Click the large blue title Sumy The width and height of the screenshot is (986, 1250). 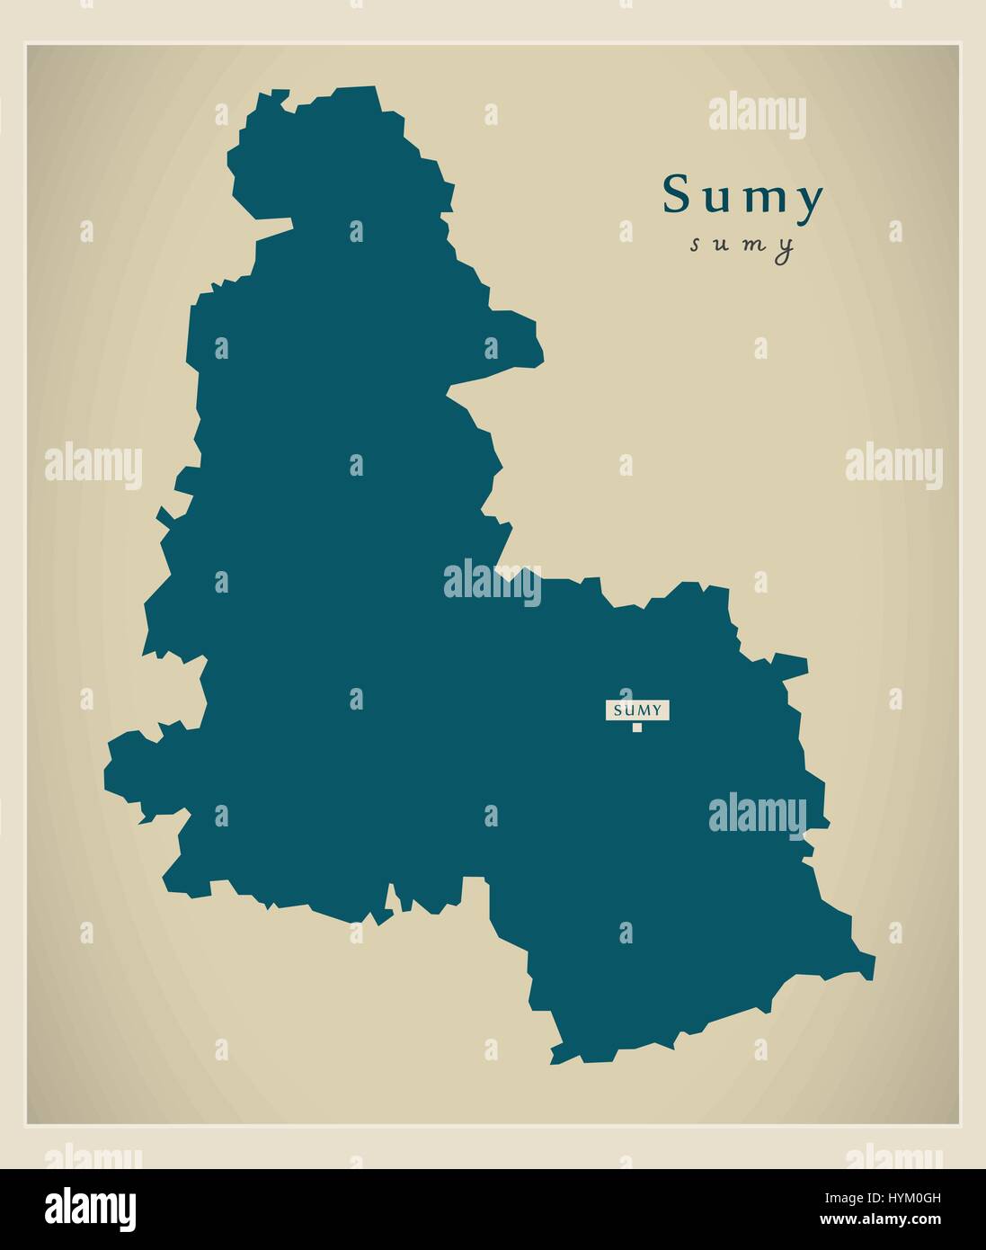(743, 197)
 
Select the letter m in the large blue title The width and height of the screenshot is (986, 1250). (762, 201)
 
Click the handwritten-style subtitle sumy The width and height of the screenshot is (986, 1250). (742, 246)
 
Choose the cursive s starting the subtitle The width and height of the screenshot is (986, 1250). (696, 246)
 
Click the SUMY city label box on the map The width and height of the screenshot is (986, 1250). (636, 710)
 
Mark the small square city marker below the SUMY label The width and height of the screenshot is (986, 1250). (637, 728)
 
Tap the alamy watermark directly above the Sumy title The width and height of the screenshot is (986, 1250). (757, 118)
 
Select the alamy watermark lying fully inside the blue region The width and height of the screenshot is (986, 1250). (757, 814)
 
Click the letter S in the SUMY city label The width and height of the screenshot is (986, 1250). (617, 710)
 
